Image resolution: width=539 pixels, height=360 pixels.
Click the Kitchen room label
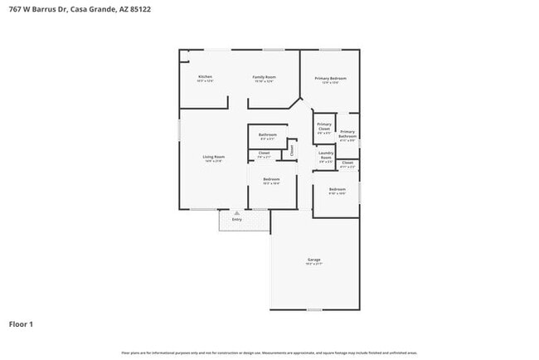tap(205, 77)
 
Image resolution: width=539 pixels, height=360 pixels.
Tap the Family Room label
tap(264, 77)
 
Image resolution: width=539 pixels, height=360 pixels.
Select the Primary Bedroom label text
tap(330, 78)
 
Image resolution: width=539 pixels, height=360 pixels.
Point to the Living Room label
tap(214, 157)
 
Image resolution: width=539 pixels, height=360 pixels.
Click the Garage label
tap(314, 260)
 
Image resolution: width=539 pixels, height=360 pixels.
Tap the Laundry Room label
tap(326, 155)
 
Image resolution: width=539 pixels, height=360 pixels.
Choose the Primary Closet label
tap(324, 127)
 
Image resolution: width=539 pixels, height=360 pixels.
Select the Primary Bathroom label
tap(347, 134)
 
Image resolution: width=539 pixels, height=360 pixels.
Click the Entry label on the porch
tap(237, 220)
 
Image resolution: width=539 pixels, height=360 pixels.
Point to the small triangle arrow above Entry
tap(237, 212)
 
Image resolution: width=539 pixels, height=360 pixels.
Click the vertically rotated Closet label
tap(291, 150)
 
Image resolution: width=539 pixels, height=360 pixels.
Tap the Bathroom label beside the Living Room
tap(267, 134)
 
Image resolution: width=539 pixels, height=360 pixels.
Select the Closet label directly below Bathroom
tap(264, 153)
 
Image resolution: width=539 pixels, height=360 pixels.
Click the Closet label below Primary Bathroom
tap(347, 163)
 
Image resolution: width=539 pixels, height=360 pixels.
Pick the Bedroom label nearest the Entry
tap(271, 179)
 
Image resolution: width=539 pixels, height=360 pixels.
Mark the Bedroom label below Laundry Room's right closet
tap(337, 190)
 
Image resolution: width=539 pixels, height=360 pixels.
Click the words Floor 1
tap(21, 324)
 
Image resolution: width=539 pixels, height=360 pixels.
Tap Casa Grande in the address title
tap(87, 7)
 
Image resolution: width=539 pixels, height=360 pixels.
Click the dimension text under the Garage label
tap(314, 265)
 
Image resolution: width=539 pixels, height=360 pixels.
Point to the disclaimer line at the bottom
tap(269, 353)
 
